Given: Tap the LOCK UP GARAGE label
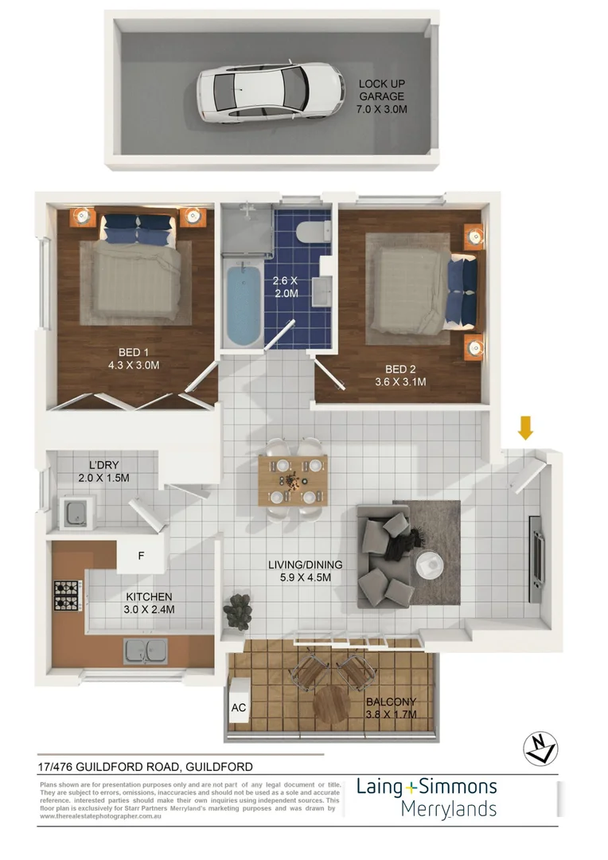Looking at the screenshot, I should [x=382, y=96].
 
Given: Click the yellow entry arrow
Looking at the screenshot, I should [x=524, y=428].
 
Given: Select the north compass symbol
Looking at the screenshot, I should [x=540, y=748].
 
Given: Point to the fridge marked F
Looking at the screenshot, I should [x=141, y=556].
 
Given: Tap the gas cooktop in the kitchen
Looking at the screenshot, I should [x=66, y=593].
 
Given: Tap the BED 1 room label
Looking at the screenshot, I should [x=133, y=359].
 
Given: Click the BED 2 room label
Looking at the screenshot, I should [x=405, y=375].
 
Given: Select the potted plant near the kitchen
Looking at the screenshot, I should [x=236, y=611].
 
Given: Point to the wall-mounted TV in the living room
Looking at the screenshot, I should [x=537, y=560].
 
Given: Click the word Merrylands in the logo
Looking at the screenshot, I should [x=448, y=809].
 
